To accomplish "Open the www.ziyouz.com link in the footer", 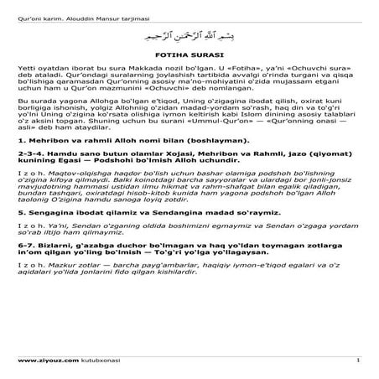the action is [43, 361].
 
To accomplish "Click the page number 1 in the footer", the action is [357, 361].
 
